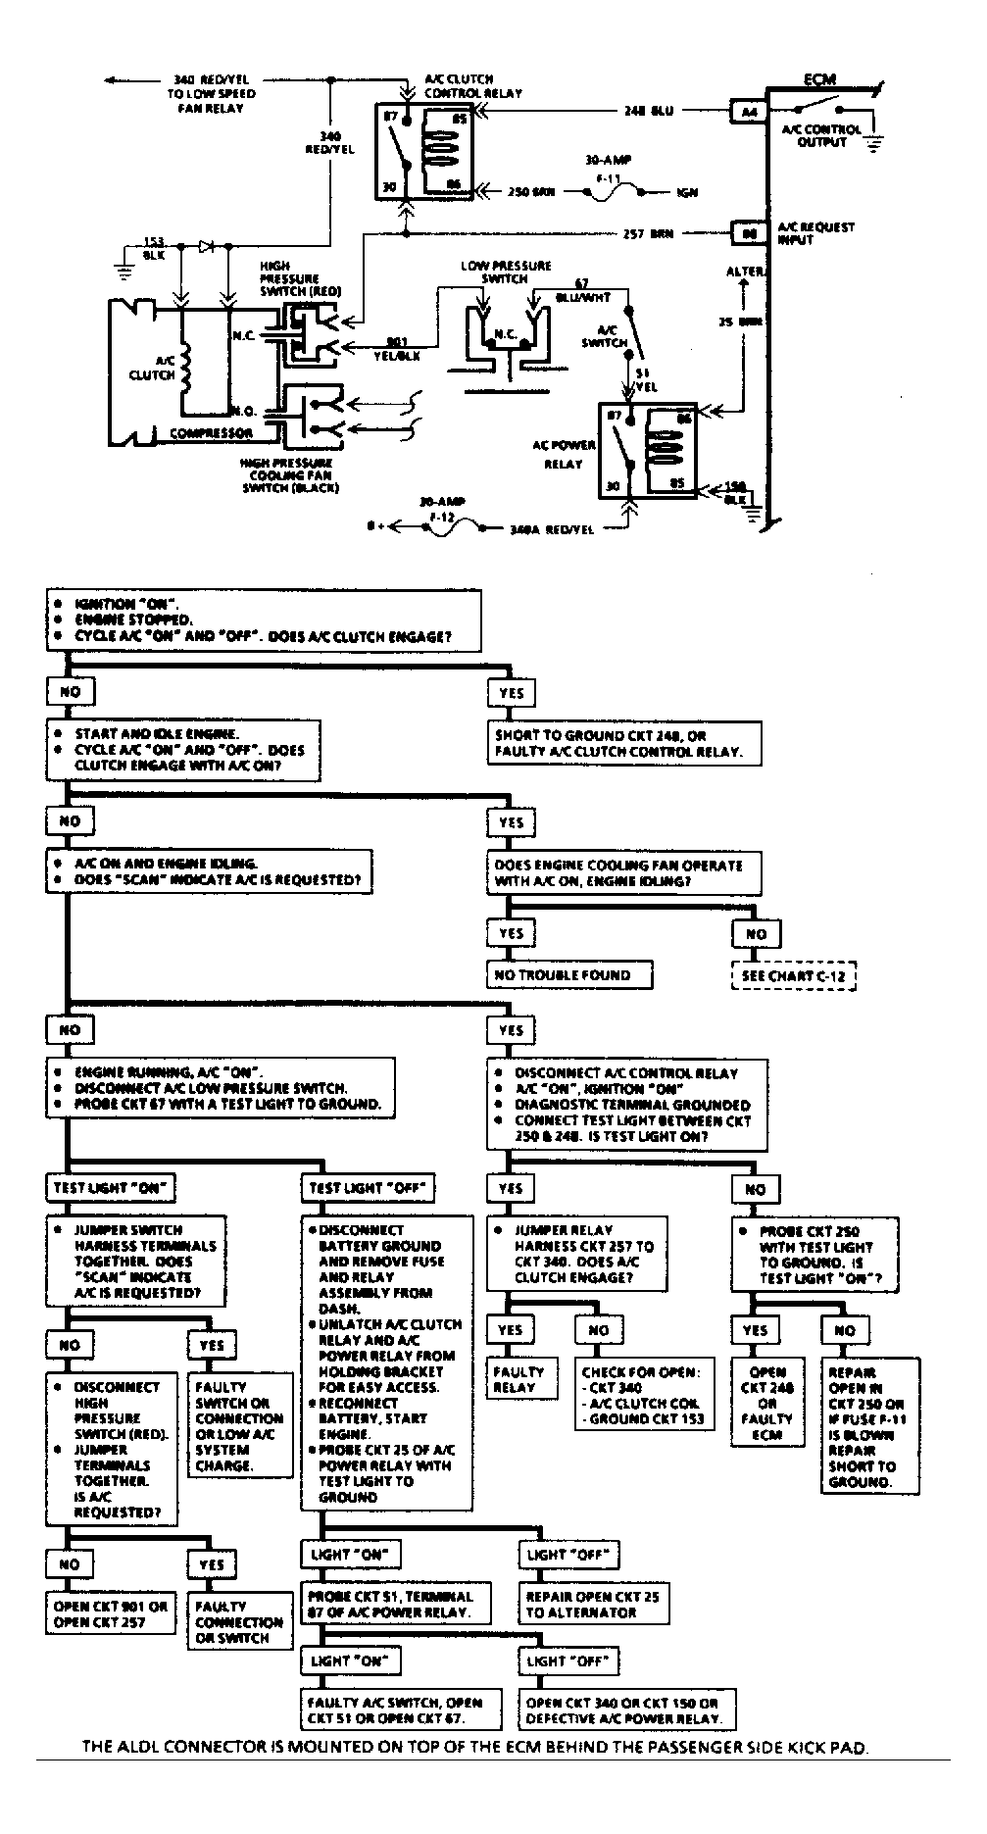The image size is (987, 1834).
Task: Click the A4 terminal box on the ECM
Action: (x=750, y=112)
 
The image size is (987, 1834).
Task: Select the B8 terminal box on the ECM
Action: (x=750, y=234)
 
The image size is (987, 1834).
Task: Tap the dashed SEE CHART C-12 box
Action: (x=793, y=976)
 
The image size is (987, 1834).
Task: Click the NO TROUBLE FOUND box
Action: (x=569, y=974)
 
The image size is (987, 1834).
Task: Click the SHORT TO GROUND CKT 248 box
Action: (x=626, y=744)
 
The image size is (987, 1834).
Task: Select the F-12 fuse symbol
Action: (x=454, y=526)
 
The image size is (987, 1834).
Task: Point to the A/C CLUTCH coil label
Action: (x=152, y=368)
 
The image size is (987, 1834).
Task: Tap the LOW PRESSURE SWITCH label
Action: (x=506, y=272)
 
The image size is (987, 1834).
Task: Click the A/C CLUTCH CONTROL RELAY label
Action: (x=473, y=86)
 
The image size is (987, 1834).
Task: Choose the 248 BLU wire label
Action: (x=650, y=112)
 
